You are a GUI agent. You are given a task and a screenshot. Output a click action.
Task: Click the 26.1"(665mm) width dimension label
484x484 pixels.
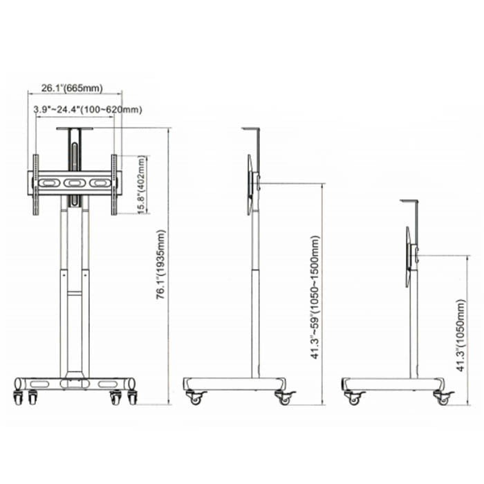click(72, 88)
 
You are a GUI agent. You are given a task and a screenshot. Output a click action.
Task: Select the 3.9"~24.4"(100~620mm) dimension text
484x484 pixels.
click(88, 109)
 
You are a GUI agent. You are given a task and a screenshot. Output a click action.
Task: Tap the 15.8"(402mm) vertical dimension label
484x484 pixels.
click(142, 185)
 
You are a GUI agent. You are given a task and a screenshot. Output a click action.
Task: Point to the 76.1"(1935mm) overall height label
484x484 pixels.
click(161, 264)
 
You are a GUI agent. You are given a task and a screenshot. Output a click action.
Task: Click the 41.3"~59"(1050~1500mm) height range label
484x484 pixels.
click(315, 297)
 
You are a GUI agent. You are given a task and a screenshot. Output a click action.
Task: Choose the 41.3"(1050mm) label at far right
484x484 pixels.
click(460, 335)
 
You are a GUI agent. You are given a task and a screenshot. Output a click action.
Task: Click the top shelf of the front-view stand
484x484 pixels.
click(75, 129)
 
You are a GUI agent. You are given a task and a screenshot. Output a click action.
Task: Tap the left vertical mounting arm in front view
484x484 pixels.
click(36, 185)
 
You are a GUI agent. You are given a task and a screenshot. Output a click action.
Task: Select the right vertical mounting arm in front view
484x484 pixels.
click(114, 185)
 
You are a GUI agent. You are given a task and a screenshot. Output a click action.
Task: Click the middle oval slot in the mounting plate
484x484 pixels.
click(73, 183)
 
